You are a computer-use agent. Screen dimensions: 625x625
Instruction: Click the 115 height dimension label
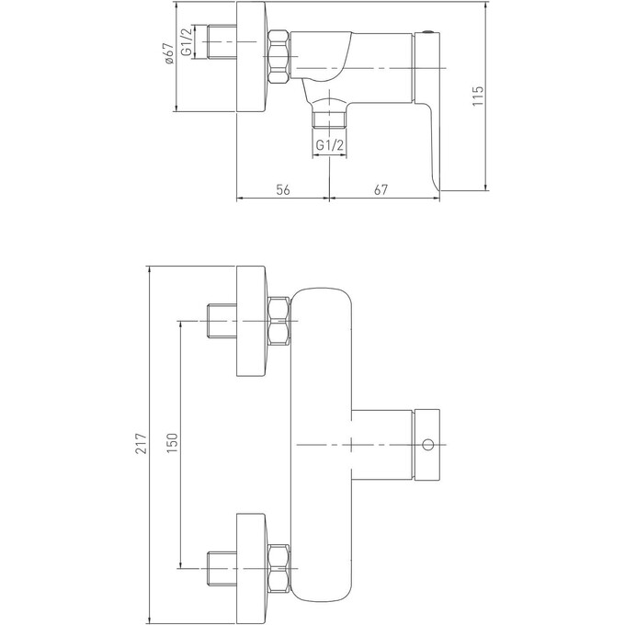click(x=477, y=97)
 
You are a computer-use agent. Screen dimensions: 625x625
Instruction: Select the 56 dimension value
click(x=283, y=189)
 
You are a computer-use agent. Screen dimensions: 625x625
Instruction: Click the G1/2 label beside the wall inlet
click(x=187, y=42)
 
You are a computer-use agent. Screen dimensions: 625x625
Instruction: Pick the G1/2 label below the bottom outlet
click(x=329, y=144)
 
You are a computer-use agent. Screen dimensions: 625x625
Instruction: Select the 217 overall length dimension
click(x=140, y=446)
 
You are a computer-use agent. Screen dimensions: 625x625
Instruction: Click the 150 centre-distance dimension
click(x=173, y=446)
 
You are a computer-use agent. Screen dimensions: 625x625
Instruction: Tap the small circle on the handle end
click(x=426, y=445)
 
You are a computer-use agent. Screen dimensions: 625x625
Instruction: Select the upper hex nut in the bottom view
click(x=279, y=321)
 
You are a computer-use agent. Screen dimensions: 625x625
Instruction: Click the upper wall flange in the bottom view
click(x=253, y=321)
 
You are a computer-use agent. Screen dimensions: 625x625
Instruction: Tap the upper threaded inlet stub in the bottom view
click(x=222, y=321)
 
